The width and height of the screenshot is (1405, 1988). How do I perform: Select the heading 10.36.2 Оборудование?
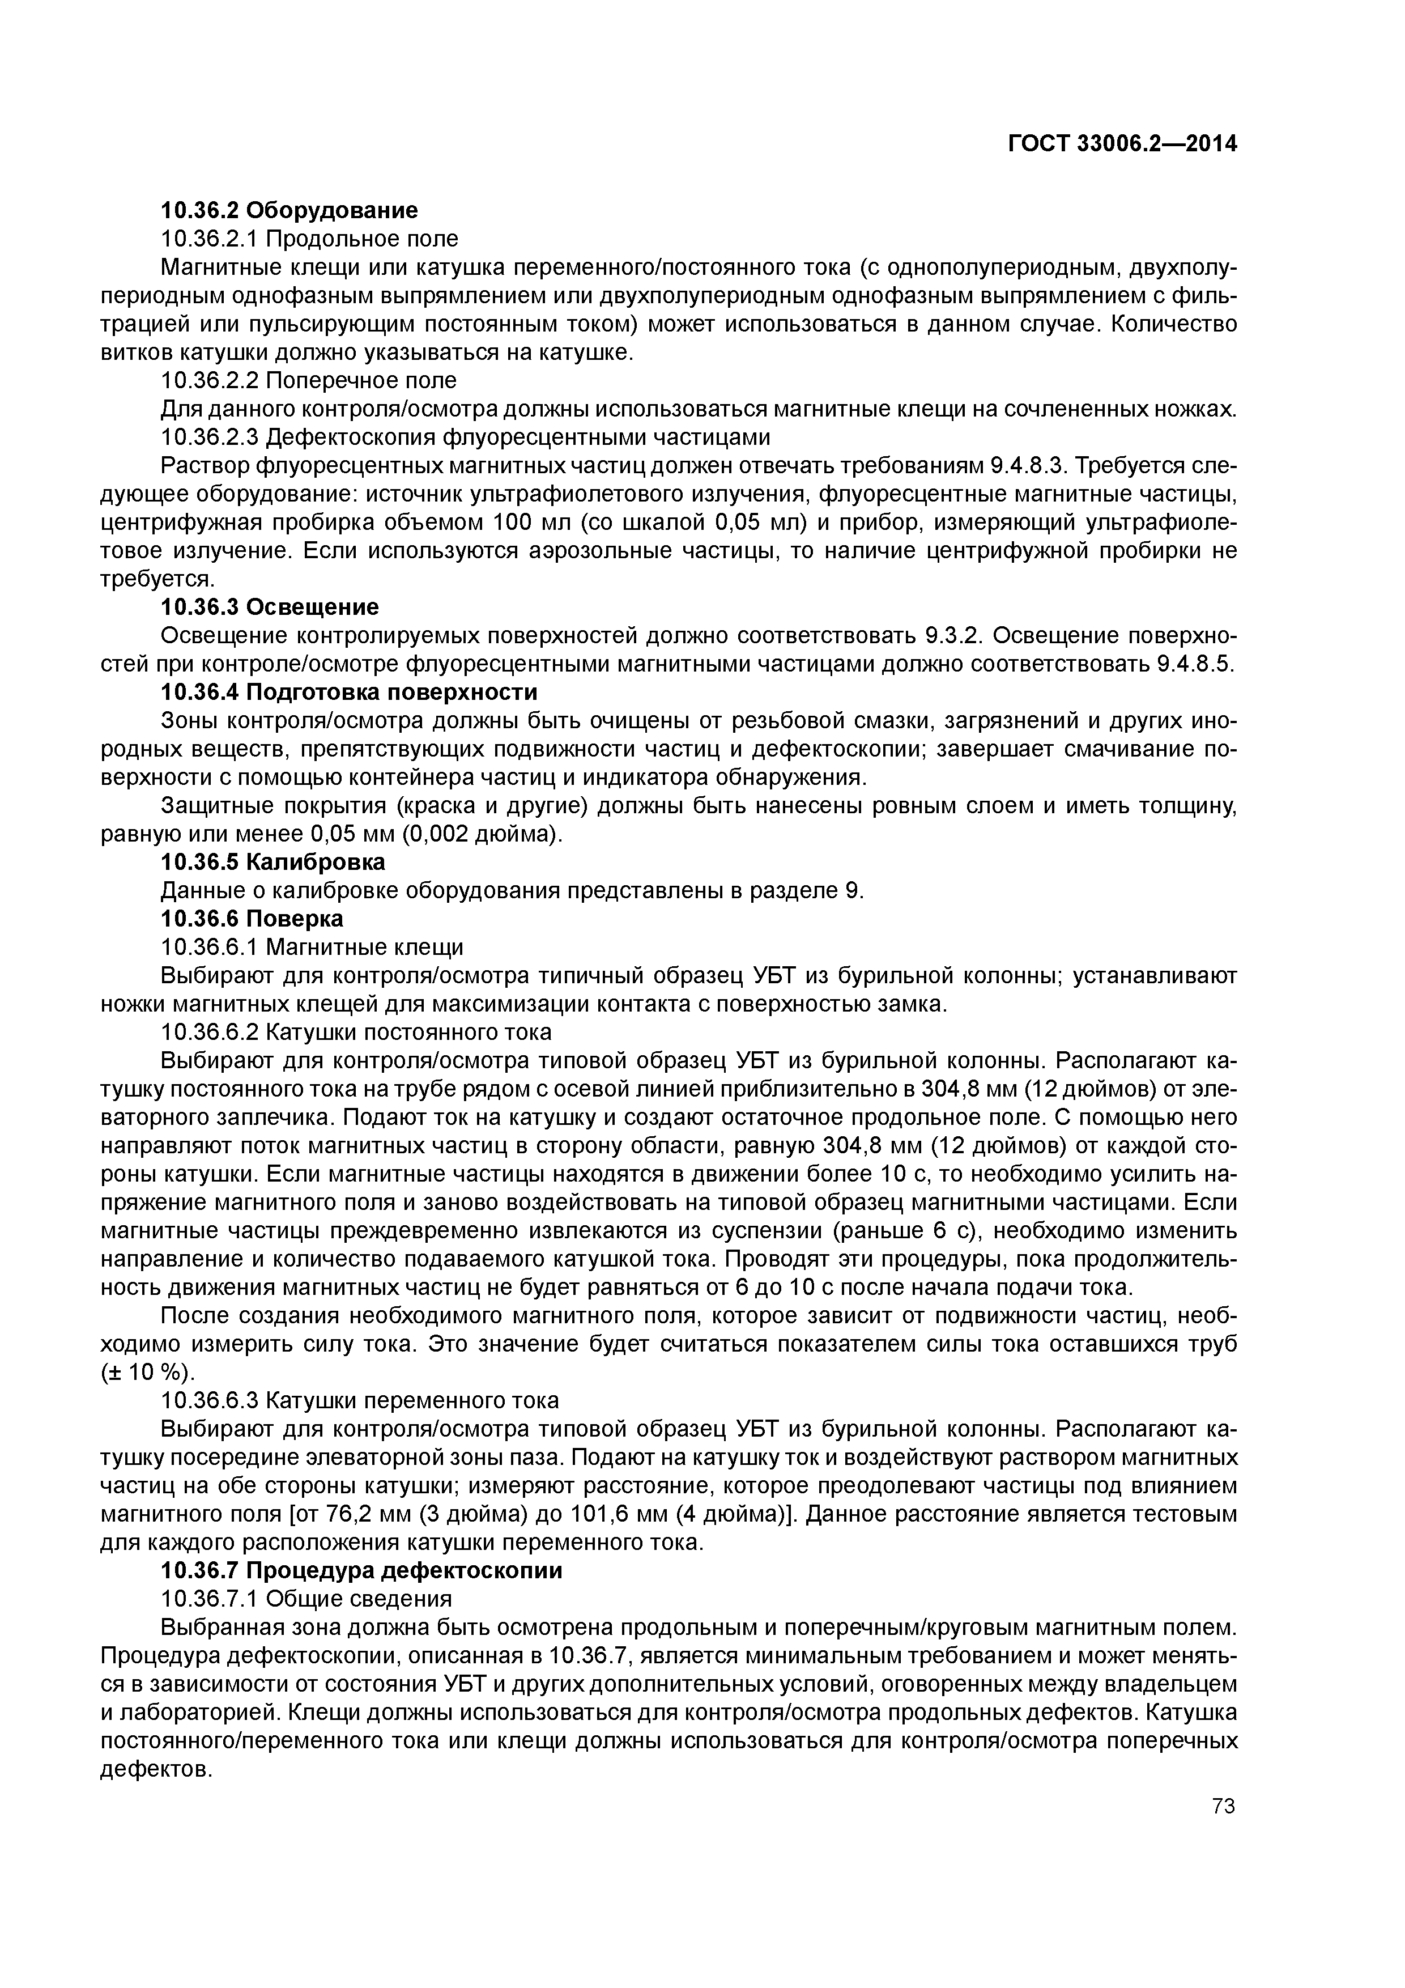pos(289,210)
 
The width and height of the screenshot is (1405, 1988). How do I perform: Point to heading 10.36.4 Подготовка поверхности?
pos(349,692)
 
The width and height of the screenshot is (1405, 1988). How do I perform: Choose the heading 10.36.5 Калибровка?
pos(273,863)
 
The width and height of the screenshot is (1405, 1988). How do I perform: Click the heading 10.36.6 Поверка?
pos(252,919)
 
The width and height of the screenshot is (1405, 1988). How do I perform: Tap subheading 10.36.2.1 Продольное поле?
pos(309,238)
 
